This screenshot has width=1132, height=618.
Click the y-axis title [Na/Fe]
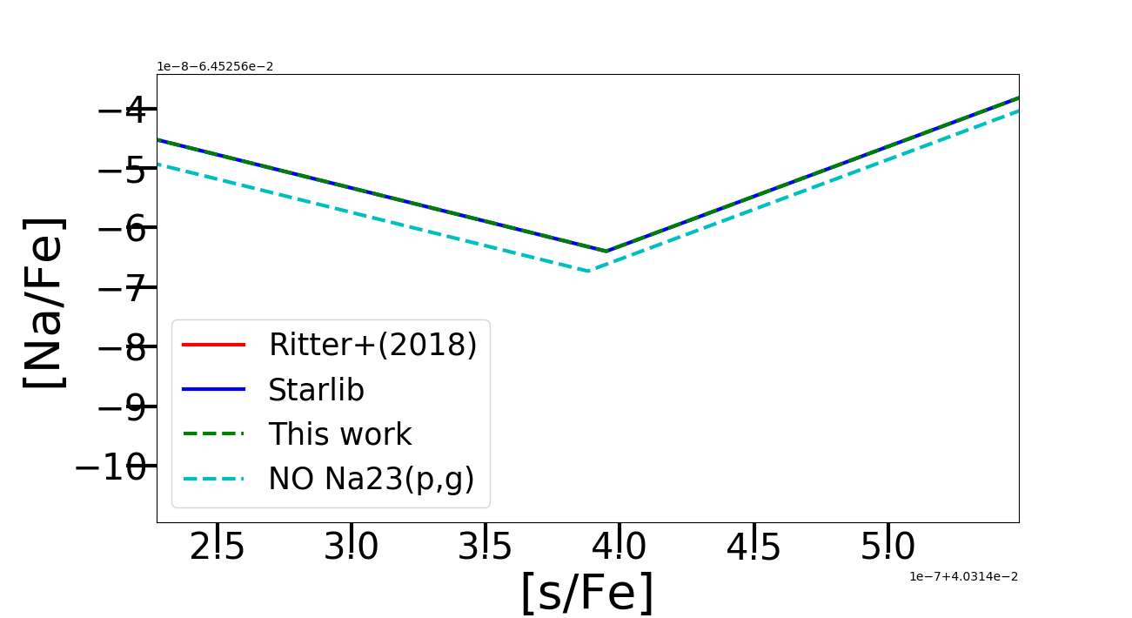coord(44,303)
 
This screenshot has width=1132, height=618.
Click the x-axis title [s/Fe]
coord(586,594)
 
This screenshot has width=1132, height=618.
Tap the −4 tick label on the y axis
coord(122,111)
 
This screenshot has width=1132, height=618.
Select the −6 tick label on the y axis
coord(122,229)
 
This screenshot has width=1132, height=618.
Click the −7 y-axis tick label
coord(122,288)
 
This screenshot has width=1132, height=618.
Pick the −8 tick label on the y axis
coord(122,348)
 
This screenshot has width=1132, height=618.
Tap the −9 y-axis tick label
coord(122,407)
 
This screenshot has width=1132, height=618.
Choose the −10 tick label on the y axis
coord(111,467)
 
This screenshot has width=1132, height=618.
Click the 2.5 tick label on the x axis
coord(218,547)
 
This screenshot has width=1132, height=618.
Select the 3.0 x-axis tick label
coord(352,547)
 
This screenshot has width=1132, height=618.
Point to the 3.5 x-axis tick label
coord(486,547)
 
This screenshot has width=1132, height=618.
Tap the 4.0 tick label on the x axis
coord(620,547)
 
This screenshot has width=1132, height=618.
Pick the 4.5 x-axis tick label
coord(754,547)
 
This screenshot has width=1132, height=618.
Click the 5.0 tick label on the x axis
coord(888,547)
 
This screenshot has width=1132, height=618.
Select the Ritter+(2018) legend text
coord(372,346)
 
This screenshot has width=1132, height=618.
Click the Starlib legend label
coord(316,390)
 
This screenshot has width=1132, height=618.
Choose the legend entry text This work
coord(339,434)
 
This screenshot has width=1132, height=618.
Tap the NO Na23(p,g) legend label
coord(371,479)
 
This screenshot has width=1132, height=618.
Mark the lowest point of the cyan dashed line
coord(590,272)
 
